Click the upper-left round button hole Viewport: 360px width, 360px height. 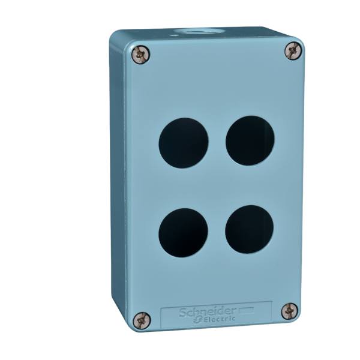click(184, 142)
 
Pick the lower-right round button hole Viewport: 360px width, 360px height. click(250, 229)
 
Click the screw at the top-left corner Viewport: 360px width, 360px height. click(142, 55)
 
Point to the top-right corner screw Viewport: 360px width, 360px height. click(292, 50)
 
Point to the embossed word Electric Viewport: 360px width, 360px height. click(221, 320)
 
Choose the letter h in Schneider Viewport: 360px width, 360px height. click(195, 313)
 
